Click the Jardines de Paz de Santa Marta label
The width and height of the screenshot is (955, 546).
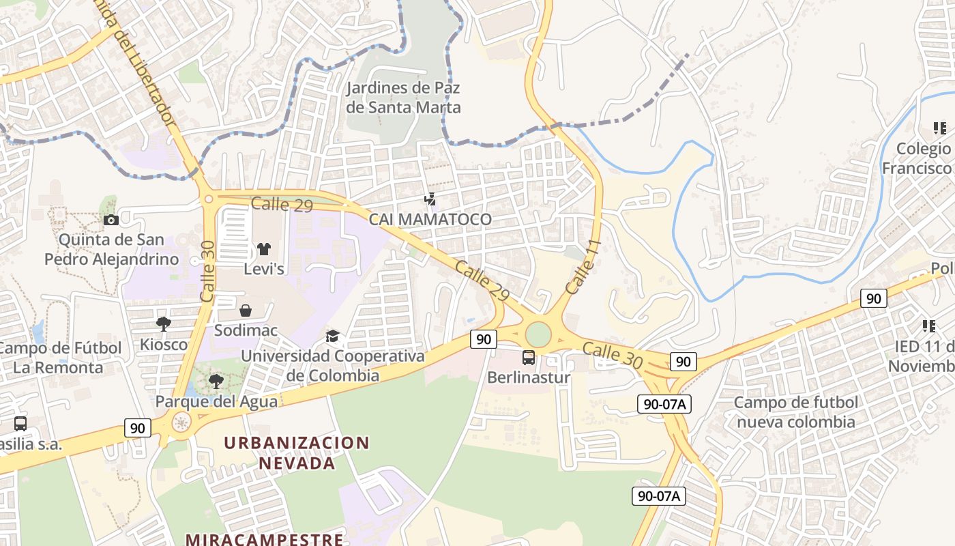[x=403, y=98]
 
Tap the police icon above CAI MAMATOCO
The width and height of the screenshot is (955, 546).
[x=430, y=199]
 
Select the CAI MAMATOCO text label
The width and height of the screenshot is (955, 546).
[x=430, y=219]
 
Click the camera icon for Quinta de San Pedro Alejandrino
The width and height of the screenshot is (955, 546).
[x=111, y=220]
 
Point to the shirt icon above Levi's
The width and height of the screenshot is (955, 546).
[x=264, y=249]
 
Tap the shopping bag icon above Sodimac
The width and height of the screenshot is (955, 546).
[x=246, y=311]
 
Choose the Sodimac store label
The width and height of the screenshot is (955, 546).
[x=246, y=330]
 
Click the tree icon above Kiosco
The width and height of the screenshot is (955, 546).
[x=163, y=324]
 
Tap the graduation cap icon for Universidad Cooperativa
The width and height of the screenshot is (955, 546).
[x=332, y=336]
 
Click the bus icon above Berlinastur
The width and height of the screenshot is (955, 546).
[x=529, y=357]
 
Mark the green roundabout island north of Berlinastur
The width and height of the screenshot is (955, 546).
[x=538, y=334]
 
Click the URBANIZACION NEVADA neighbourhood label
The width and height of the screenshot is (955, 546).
[x=297, y=452]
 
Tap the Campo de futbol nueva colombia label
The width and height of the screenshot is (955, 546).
[x=795, y=412]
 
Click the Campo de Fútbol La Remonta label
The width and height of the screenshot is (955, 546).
[x=60, y=358]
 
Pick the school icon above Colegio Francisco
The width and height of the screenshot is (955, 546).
[x=939, y=128]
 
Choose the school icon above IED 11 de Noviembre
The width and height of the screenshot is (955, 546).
[x=928, y=326]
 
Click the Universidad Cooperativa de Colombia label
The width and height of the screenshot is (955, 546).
[x=333, y=366]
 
